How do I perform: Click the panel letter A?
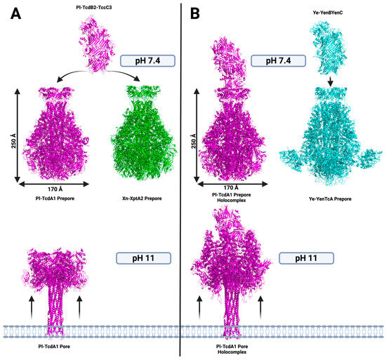click(13, 13)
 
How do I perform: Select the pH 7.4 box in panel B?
click(280, 61)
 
